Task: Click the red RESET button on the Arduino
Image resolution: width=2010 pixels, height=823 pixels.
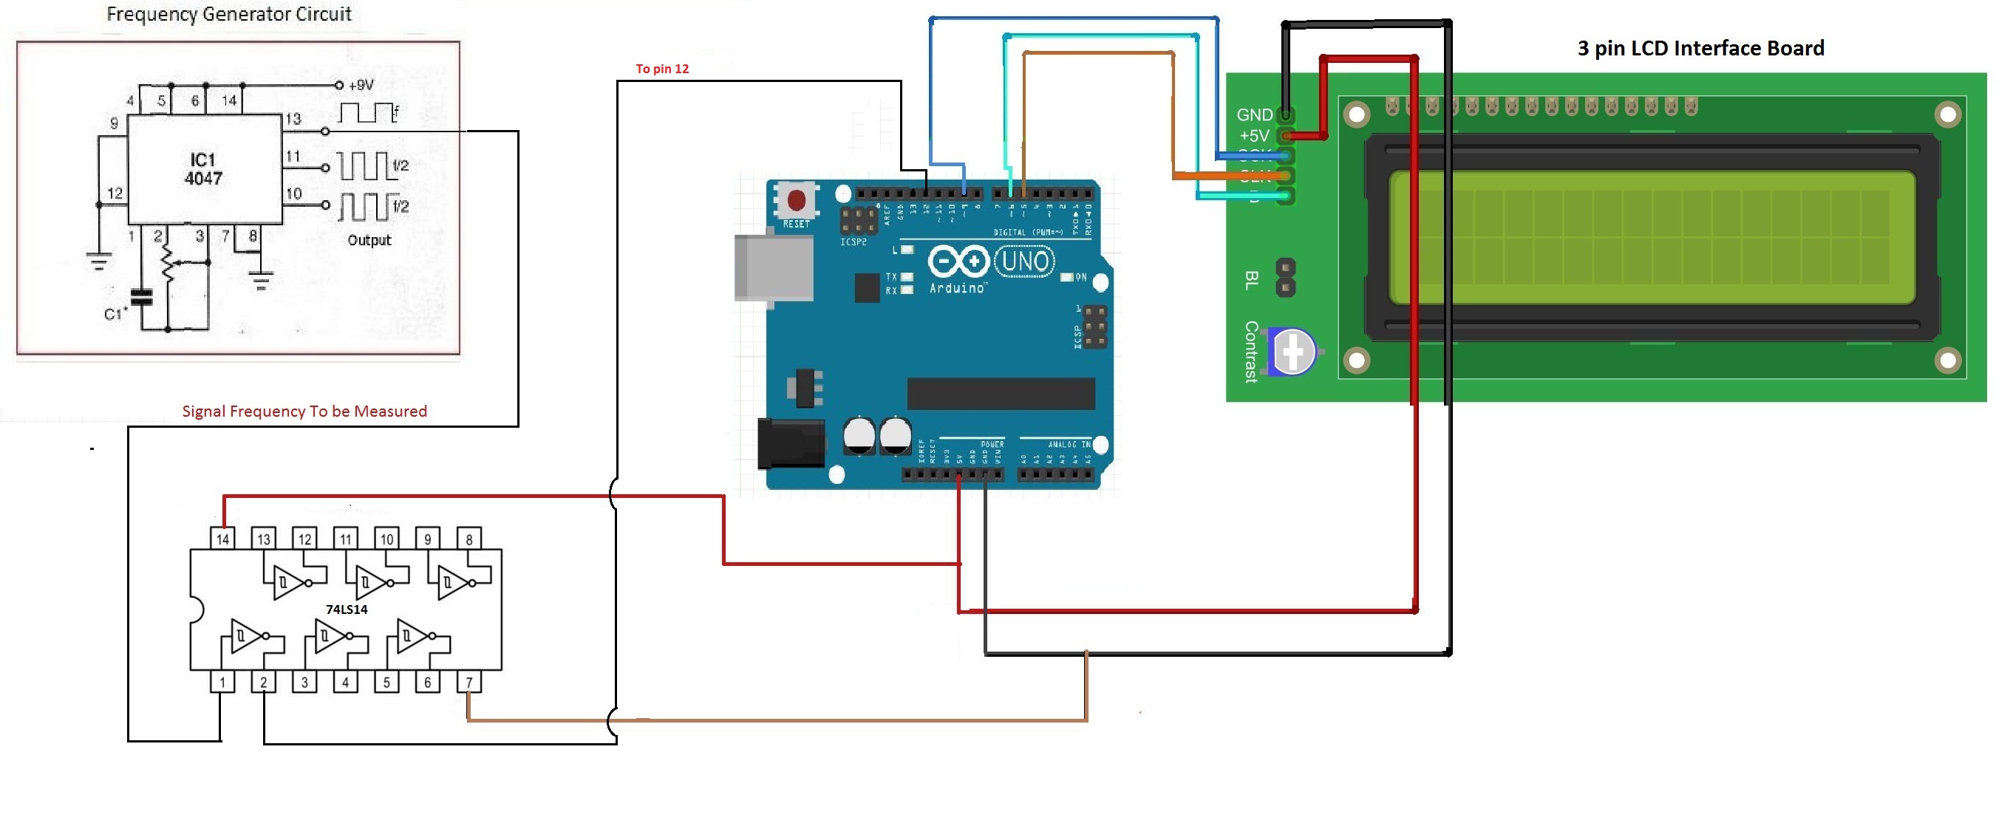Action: (x=796, y=201)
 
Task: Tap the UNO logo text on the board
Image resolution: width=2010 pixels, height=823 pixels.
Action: (x=1024, y=262)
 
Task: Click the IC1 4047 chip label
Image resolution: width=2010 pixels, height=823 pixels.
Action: (x=204, y=169)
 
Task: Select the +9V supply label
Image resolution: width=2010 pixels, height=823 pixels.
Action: (x=361, y=85)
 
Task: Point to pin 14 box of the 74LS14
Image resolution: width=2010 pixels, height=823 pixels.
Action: (x=223, y=539)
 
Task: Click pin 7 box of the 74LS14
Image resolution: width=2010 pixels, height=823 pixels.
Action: (x=469, y=683)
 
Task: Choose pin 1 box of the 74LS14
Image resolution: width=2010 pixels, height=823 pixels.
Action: (x=222, y=683)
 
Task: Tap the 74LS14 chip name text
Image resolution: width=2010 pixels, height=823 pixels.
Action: (x=347, y=609)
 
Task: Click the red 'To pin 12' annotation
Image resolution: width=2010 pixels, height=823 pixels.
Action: (x=661, y=69)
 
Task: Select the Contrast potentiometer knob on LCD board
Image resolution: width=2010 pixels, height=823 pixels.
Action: (x=1292, y=352)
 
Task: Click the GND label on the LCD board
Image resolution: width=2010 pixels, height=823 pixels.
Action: (x=1254, y=115)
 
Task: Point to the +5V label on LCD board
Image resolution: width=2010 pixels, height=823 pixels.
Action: (x=1254, y=136)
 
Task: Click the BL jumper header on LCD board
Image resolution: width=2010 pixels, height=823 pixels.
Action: (x=1285, y=279)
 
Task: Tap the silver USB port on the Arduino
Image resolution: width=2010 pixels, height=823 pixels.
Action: (x=772, y=267)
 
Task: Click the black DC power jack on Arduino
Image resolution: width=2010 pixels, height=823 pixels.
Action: (x=791, y=443)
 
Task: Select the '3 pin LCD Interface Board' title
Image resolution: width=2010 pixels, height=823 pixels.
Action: (x=1700, y=48)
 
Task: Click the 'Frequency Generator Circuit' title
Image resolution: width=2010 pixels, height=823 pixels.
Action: (x=228, y=14)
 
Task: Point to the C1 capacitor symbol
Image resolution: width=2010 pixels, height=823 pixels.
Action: (x=141, y=297)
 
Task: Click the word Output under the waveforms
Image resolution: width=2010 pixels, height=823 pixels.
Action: (x=369, y=240)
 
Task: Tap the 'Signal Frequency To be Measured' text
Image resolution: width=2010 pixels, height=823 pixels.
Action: (x=304, y=411)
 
